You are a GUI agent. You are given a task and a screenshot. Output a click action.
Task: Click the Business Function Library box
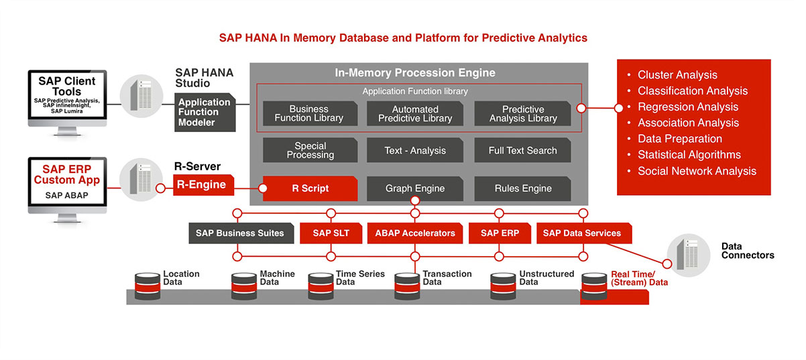(x=309, y=114)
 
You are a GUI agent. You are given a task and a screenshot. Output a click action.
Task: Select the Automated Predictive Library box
(x=415, y=114)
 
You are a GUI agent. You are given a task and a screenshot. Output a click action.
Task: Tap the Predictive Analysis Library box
(x=522, y=114)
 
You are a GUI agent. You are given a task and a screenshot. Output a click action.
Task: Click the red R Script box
(x=310, y=188)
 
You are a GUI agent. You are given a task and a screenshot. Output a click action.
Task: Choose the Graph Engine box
(x=415, y=188)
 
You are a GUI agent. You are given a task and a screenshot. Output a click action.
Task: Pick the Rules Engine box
(x=522, y=188)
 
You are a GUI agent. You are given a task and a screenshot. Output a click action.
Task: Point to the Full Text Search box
(x=522, y=151)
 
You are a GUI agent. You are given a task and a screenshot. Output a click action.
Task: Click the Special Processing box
(x=310, y=151)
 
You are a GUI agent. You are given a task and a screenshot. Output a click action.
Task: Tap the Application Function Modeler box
(x=204, y=112)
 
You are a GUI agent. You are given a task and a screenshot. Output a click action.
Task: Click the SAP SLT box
(x=331, y=233)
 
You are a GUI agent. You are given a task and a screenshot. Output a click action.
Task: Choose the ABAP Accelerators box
(x=415, y=233)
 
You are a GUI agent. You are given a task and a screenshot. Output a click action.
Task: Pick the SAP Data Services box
(x=581, y=233)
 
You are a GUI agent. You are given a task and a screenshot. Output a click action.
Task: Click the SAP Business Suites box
(x=240, y=233)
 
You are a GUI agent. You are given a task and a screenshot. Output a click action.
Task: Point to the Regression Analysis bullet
(x=687, y=107)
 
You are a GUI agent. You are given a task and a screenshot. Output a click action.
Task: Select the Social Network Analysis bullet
(x=697, y=171)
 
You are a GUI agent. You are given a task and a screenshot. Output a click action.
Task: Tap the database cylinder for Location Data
(x=148, y=286)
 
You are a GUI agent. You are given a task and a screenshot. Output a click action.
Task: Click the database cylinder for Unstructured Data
(x=504, y=286)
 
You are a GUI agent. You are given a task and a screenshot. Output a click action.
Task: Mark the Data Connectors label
(x=747, y=251)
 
